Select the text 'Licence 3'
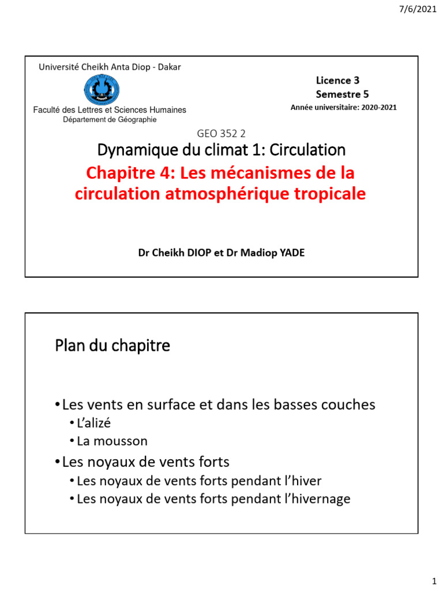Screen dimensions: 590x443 point(337,81)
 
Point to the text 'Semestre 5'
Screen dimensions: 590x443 point(342,94)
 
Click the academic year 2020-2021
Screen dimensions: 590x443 point(379,107)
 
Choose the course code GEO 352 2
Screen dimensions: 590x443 point(221,134)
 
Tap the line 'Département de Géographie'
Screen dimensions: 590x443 point(110,119)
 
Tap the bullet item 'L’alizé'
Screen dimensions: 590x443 point(93,423)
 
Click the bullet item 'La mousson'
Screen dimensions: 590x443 point(112,441)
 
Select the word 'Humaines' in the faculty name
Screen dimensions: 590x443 point(167,109)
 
